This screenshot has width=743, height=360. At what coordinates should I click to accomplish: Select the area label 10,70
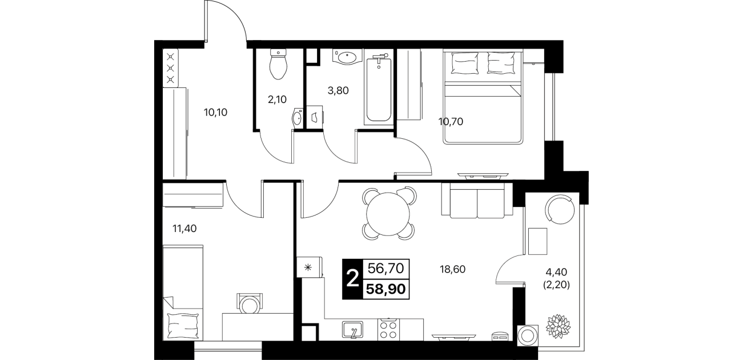point(451,122)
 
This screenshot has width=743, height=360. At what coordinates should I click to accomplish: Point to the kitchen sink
point(352,330)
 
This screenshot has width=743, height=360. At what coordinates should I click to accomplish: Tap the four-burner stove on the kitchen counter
point(388,330)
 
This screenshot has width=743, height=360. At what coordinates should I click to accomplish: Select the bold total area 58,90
point(385,289)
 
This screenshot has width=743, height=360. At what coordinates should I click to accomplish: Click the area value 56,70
point(385,268)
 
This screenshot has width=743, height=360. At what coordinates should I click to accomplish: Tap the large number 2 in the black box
point(352,279)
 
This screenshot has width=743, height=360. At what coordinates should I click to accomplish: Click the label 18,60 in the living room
point(453,269)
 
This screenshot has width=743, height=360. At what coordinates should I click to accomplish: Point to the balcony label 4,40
point(556,273)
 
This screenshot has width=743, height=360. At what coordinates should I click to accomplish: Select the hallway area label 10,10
point(216,113)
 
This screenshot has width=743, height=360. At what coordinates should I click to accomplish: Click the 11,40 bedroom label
point(184,228)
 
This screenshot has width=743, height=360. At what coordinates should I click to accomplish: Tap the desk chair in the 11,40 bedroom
point(249,303)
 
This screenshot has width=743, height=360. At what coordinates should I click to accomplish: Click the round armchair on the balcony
point(560,209)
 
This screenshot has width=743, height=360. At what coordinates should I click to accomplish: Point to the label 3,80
point(338,90)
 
